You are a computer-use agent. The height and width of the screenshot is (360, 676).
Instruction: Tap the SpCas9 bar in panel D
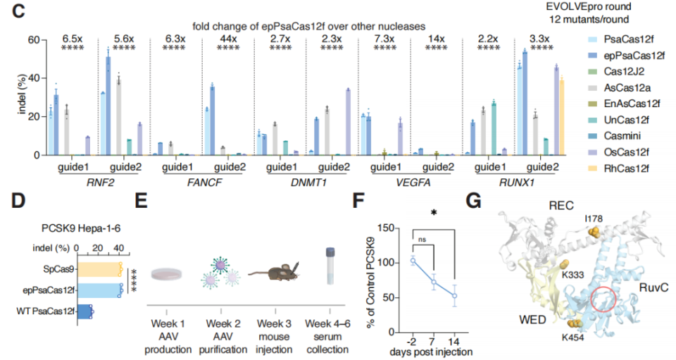click(99, 268)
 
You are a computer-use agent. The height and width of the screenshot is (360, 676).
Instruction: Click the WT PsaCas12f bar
click(84, 309)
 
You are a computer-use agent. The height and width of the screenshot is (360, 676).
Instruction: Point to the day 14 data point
click(455, 296)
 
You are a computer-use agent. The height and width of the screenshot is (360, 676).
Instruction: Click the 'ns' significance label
click(423, 239)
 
